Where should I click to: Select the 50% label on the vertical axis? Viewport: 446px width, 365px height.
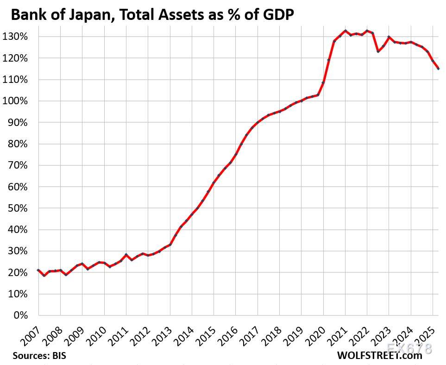coord(21,208)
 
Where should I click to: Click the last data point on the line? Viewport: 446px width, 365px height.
coord(438,69)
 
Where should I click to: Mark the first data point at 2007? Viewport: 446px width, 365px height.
coord(38,270)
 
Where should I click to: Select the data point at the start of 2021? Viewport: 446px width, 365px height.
coord(345,31)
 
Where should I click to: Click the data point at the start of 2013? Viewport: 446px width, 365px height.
coord(170,245)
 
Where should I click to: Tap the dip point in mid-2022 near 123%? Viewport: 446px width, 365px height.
coord(378,51)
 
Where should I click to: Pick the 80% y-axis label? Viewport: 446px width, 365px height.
coord(21,144)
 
